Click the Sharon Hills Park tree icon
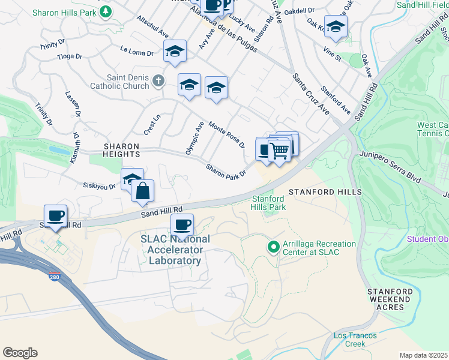(x=106, y=11)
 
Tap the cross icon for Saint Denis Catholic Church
(x=158, y=80)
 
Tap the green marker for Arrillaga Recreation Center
(x=273, y=247)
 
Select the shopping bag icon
(x=143, y=191)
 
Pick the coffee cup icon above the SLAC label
(x=182, y=225)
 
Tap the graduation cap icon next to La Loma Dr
(x=175, y=51)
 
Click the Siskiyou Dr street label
(x=99, y=187)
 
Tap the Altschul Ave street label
(x=152, y=28)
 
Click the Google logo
(x=20, y=353)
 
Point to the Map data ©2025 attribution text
(x=423, y=355)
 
